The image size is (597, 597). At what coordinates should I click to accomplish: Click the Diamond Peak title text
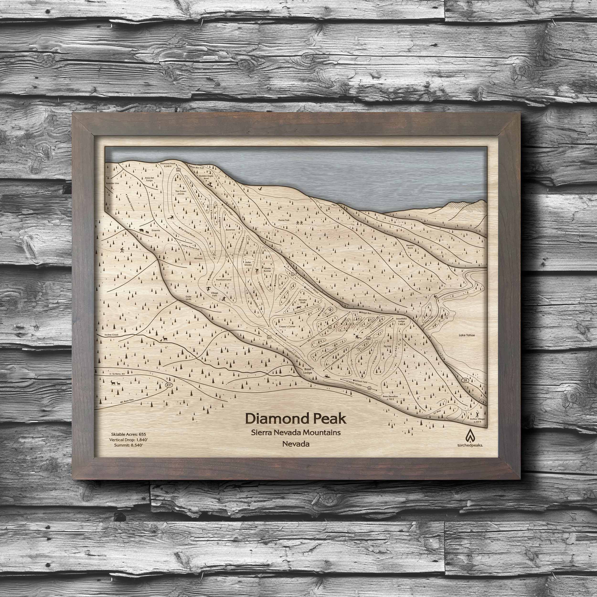[x=295, y=419]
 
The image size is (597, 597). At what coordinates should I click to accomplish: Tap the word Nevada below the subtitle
[x=296, y=444]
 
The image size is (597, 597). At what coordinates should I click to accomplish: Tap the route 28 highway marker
[x=466, y=380]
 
